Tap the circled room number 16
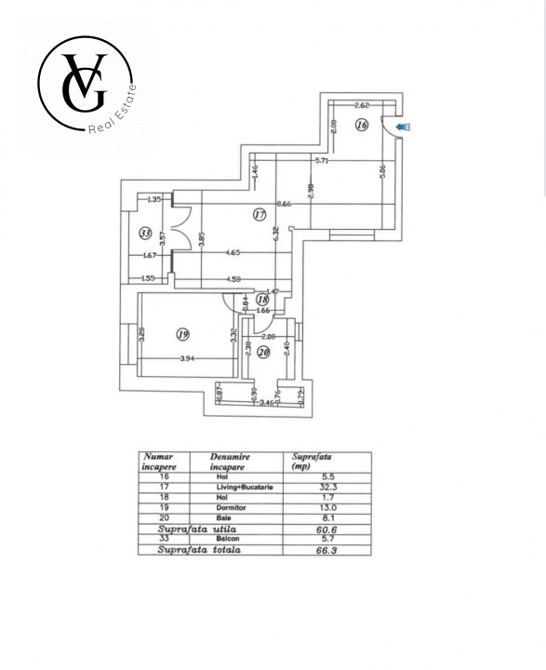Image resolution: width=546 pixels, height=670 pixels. pos(362,125)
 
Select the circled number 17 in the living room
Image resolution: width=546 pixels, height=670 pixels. pos(260,215)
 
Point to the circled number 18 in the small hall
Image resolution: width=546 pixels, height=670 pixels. pos(262,300)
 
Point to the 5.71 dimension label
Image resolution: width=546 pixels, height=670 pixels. pos(322,161)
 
